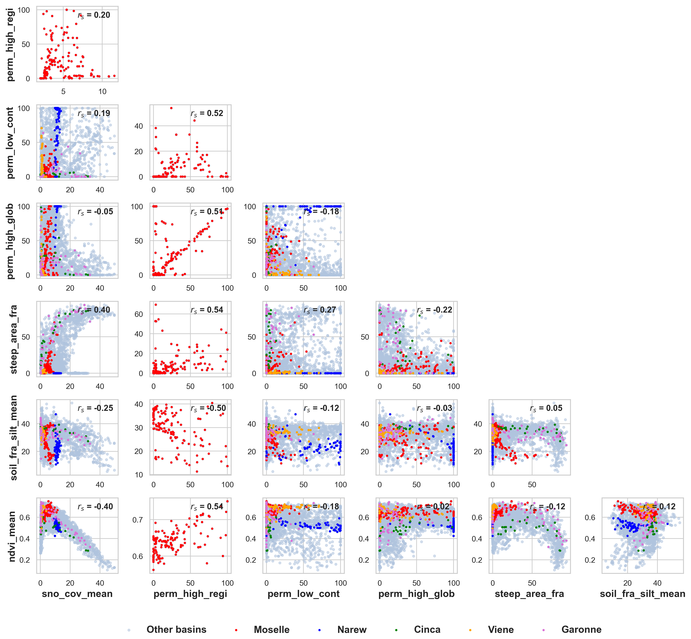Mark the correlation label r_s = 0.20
tap(94, 15)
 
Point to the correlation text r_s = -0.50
tap(208, 408)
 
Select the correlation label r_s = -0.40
tap(95, 507)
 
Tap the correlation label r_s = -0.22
tap(434, 310)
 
